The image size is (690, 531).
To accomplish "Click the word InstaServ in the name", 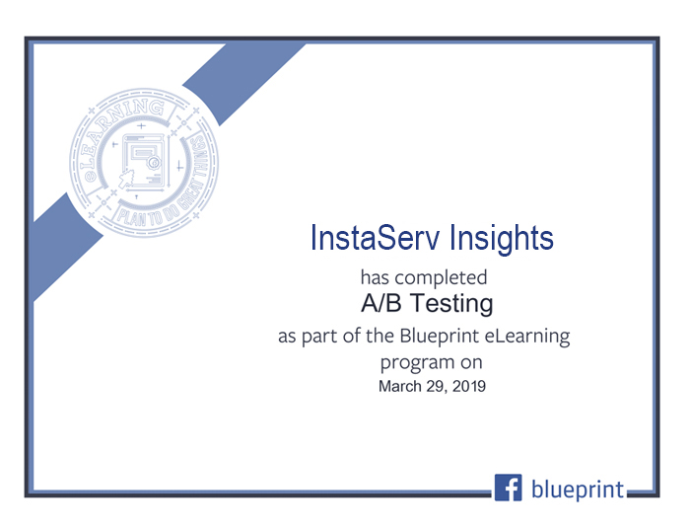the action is coord(376,238).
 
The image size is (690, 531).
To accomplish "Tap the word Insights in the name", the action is coord(501,239).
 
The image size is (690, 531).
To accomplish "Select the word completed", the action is coord(441,278).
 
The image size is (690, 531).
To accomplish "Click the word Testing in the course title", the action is coord(451,304).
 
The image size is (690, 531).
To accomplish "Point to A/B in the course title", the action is coord(381,303).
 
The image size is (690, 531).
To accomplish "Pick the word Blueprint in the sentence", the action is coord(440,338).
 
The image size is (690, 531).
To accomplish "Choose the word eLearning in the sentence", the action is coord(527,338).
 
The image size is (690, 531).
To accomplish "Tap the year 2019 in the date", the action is coord(469,387).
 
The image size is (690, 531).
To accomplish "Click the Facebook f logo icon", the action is coord(509,488).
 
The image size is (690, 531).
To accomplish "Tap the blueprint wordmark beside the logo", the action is coord(578,490).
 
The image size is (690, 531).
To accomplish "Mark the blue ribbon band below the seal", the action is coord(66,247).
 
